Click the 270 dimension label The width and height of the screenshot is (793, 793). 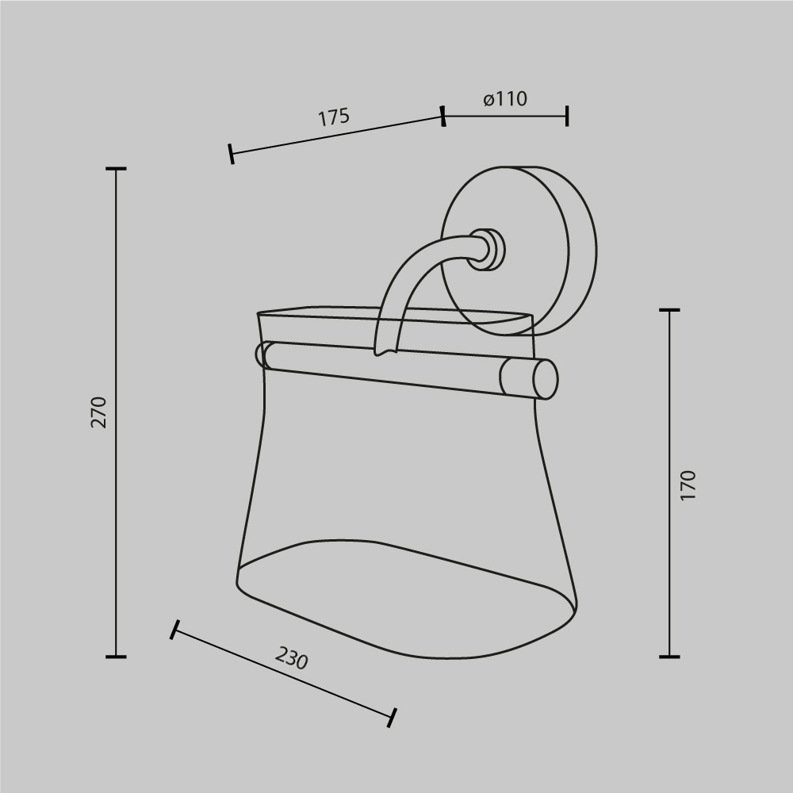point(99,412)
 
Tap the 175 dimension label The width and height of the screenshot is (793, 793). point(334,117)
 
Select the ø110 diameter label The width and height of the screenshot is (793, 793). point(505,98)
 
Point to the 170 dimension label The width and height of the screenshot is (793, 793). point(688,485)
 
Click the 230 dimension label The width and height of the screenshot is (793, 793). point(291,658)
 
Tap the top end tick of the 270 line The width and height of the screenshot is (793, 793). point(116,168)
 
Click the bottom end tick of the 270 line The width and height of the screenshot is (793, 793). point(116,657)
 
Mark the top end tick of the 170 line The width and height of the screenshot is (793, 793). point(669,309)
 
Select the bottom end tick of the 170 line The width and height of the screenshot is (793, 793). point(669,657)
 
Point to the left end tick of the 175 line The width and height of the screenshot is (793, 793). point(231,154)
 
